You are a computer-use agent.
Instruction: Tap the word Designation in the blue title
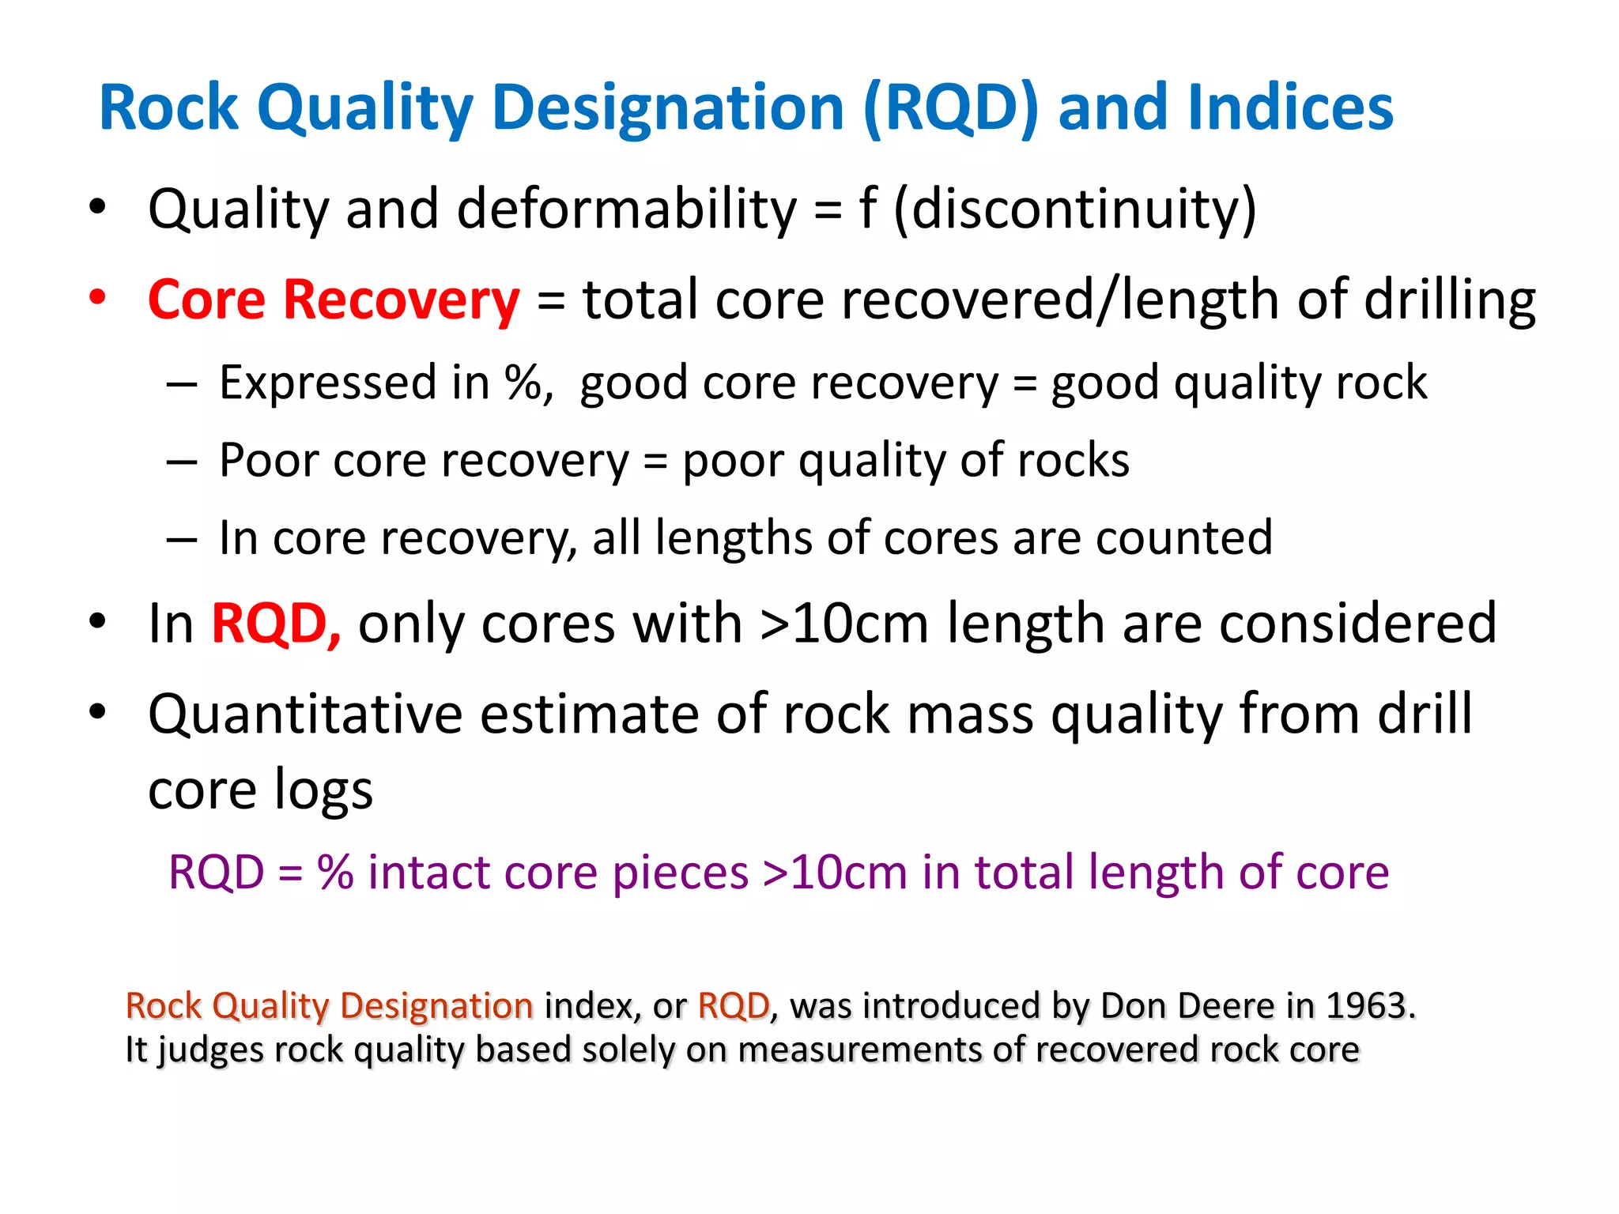tap(668, 107)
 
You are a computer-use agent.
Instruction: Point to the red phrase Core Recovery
tap(334, 300)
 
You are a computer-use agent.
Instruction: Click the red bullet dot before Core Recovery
tap(97, 298)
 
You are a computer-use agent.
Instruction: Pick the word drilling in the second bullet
tap(1450, 300)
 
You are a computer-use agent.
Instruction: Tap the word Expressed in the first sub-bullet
tap(327, 383)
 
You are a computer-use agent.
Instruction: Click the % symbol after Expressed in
tap(523, 383)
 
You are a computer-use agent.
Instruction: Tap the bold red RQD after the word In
tap(275, 624)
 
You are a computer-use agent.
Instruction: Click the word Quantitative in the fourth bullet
tap(305, 714)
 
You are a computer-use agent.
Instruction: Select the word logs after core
tap(323, 790)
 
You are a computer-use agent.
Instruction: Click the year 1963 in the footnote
tap(1366, 1006)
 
